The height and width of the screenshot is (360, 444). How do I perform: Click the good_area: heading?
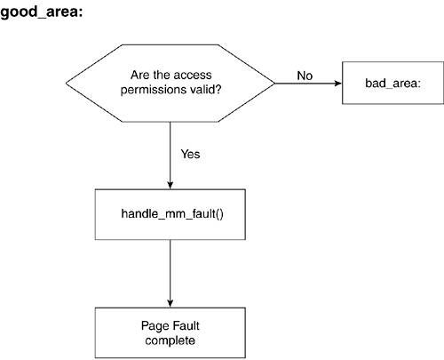click(x=42, y=12)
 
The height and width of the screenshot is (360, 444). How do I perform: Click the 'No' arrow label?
click(x=305, y=76)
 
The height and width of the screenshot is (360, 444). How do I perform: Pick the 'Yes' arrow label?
click(x=190, y=154)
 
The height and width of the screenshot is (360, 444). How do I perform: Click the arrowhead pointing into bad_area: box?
click(x=338, y=84)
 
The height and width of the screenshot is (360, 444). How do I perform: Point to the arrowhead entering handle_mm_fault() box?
click(x=170, y=185)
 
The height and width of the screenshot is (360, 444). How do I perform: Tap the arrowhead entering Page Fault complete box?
click(x=170, y=303)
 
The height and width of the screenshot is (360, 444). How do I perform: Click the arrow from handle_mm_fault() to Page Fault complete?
click(x=170, y=274)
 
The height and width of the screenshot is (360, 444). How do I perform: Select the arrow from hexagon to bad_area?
click(x=308, y=84)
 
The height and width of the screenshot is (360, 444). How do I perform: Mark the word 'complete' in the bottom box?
click(x=170, y=340)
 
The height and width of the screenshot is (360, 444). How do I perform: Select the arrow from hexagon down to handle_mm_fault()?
click(x=170, y=156)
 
